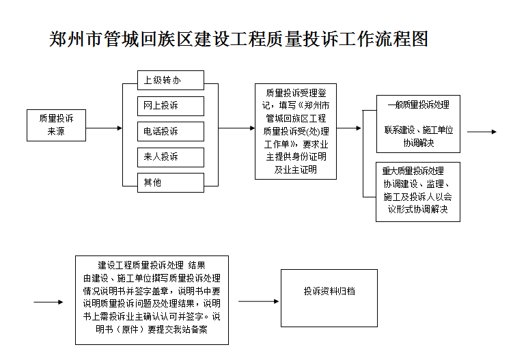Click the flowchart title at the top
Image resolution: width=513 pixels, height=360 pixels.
(x=238, y=39)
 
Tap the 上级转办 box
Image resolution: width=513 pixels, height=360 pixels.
(x=170, y=80)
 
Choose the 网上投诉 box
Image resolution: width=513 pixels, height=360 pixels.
(x=170, y=106)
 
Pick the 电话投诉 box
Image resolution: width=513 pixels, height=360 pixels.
(x=170, y=131)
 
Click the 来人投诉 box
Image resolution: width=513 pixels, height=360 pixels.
(x=170, y=157)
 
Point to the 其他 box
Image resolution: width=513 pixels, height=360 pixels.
(x=170, y=182)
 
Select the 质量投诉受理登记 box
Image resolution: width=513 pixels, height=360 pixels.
(x=296, y=131)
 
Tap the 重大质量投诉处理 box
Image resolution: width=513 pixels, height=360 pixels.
(x=418, y=191)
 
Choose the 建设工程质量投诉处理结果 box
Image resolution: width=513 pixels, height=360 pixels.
(x=152, y=301)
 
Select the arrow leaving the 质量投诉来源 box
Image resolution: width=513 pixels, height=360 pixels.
(x=105, y=128)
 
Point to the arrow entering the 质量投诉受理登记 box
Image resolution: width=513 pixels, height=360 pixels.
(x=236, y=128)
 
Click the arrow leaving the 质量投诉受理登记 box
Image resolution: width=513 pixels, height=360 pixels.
(x=349, y=128)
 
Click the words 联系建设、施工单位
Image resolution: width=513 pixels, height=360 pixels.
(x=418, y=130)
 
